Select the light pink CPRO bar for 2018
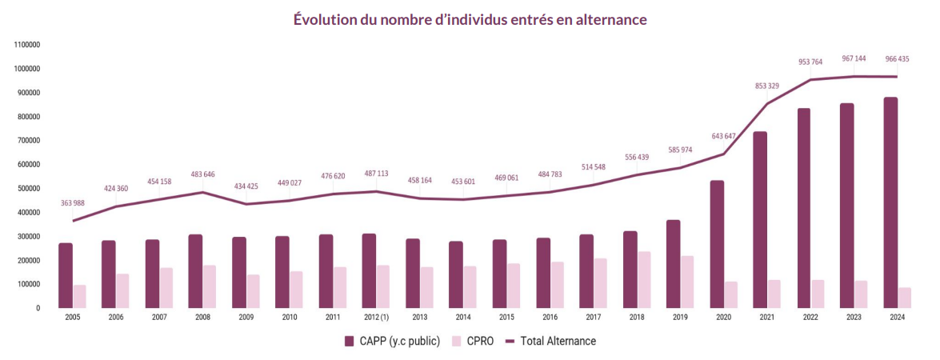point(644,279)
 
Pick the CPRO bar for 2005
point(80,296)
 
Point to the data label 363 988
point(73,203)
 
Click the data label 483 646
point(203,174)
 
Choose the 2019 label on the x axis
point(680,318)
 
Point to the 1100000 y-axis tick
point(28,45)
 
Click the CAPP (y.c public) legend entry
point(392,342)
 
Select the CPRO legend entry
point(473,342)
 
